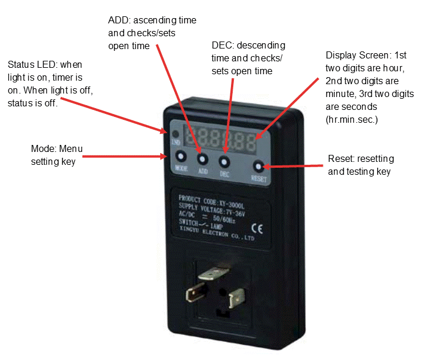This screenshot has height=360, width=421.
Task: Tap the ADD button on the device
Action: pos(202,160)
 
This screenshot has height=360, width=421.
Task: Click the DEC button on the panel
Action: pos(224,162)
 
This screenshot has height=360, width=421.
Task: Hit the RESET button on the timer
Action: pos(258,167)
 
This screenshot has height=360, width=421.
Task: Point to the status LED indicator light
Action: pos(175,134)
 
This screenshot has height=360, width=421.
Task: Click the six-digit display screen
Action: pos(220,140)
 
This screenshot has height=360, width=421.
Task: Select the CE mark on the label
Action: pos(257,229)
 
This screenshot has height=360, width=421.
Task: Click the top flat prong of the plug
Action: pos(213,274)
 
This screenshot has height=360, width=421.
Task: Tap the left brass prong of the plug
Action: pos(195,292)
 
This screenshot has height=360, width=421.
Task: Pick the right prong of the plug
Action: pos(236,298)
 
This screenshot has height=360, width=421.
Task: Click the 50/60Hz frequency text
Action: pos(224,219)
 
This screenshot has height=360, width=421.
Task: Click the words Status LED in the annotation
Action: pos(32,64)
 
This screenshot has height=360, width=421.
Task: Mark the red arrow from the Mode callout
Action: pos(125,157)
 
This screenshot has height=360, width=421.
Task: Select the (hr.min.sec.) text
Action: pos(352,119)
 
